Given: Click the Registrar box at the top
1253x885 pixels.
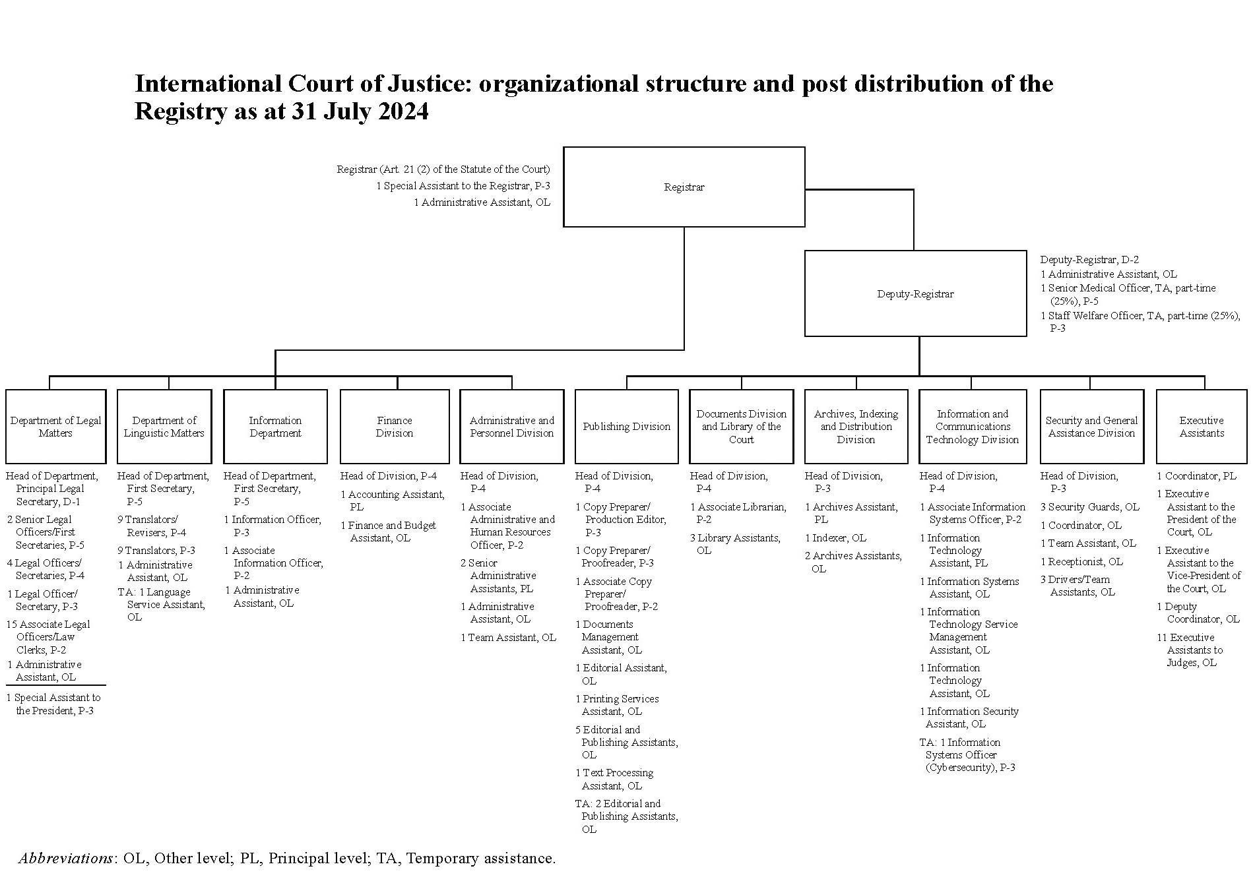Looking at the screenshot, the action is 684,187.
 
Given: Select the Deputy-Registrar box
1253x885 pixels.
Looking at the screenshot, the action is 915,293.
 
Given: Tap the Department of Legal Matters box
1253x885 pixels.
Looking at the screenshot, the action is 55,426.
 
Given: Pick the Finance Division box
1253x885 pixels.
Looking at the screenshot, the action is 395,426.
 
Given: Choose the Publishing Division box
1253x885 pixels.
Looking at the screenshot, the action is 626,426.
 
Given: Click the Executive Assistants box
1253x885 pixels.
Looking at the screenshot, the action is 1202,426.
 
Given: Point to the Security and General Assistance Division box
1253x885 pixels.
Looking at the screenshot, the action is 1091,426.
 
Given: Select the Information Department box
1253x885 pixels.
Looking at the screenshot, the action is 275,426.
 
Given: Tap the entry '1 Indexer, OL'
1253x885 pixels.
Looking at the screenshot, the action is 835,538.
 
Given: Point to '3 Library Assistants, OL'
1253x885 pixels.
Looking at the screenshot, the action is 735,544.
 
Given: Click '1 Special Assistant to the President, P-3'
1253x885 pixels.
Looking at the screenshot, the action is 53,704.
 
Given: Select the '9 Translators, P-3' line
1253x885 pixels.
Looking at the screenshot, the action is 156,550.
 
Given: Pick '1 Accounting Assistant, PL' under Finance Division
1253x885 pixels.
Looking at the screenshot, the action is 393,501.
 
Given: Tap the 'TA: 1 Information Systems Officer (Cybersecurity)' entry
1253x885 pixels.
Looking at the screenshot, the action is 967,755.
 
